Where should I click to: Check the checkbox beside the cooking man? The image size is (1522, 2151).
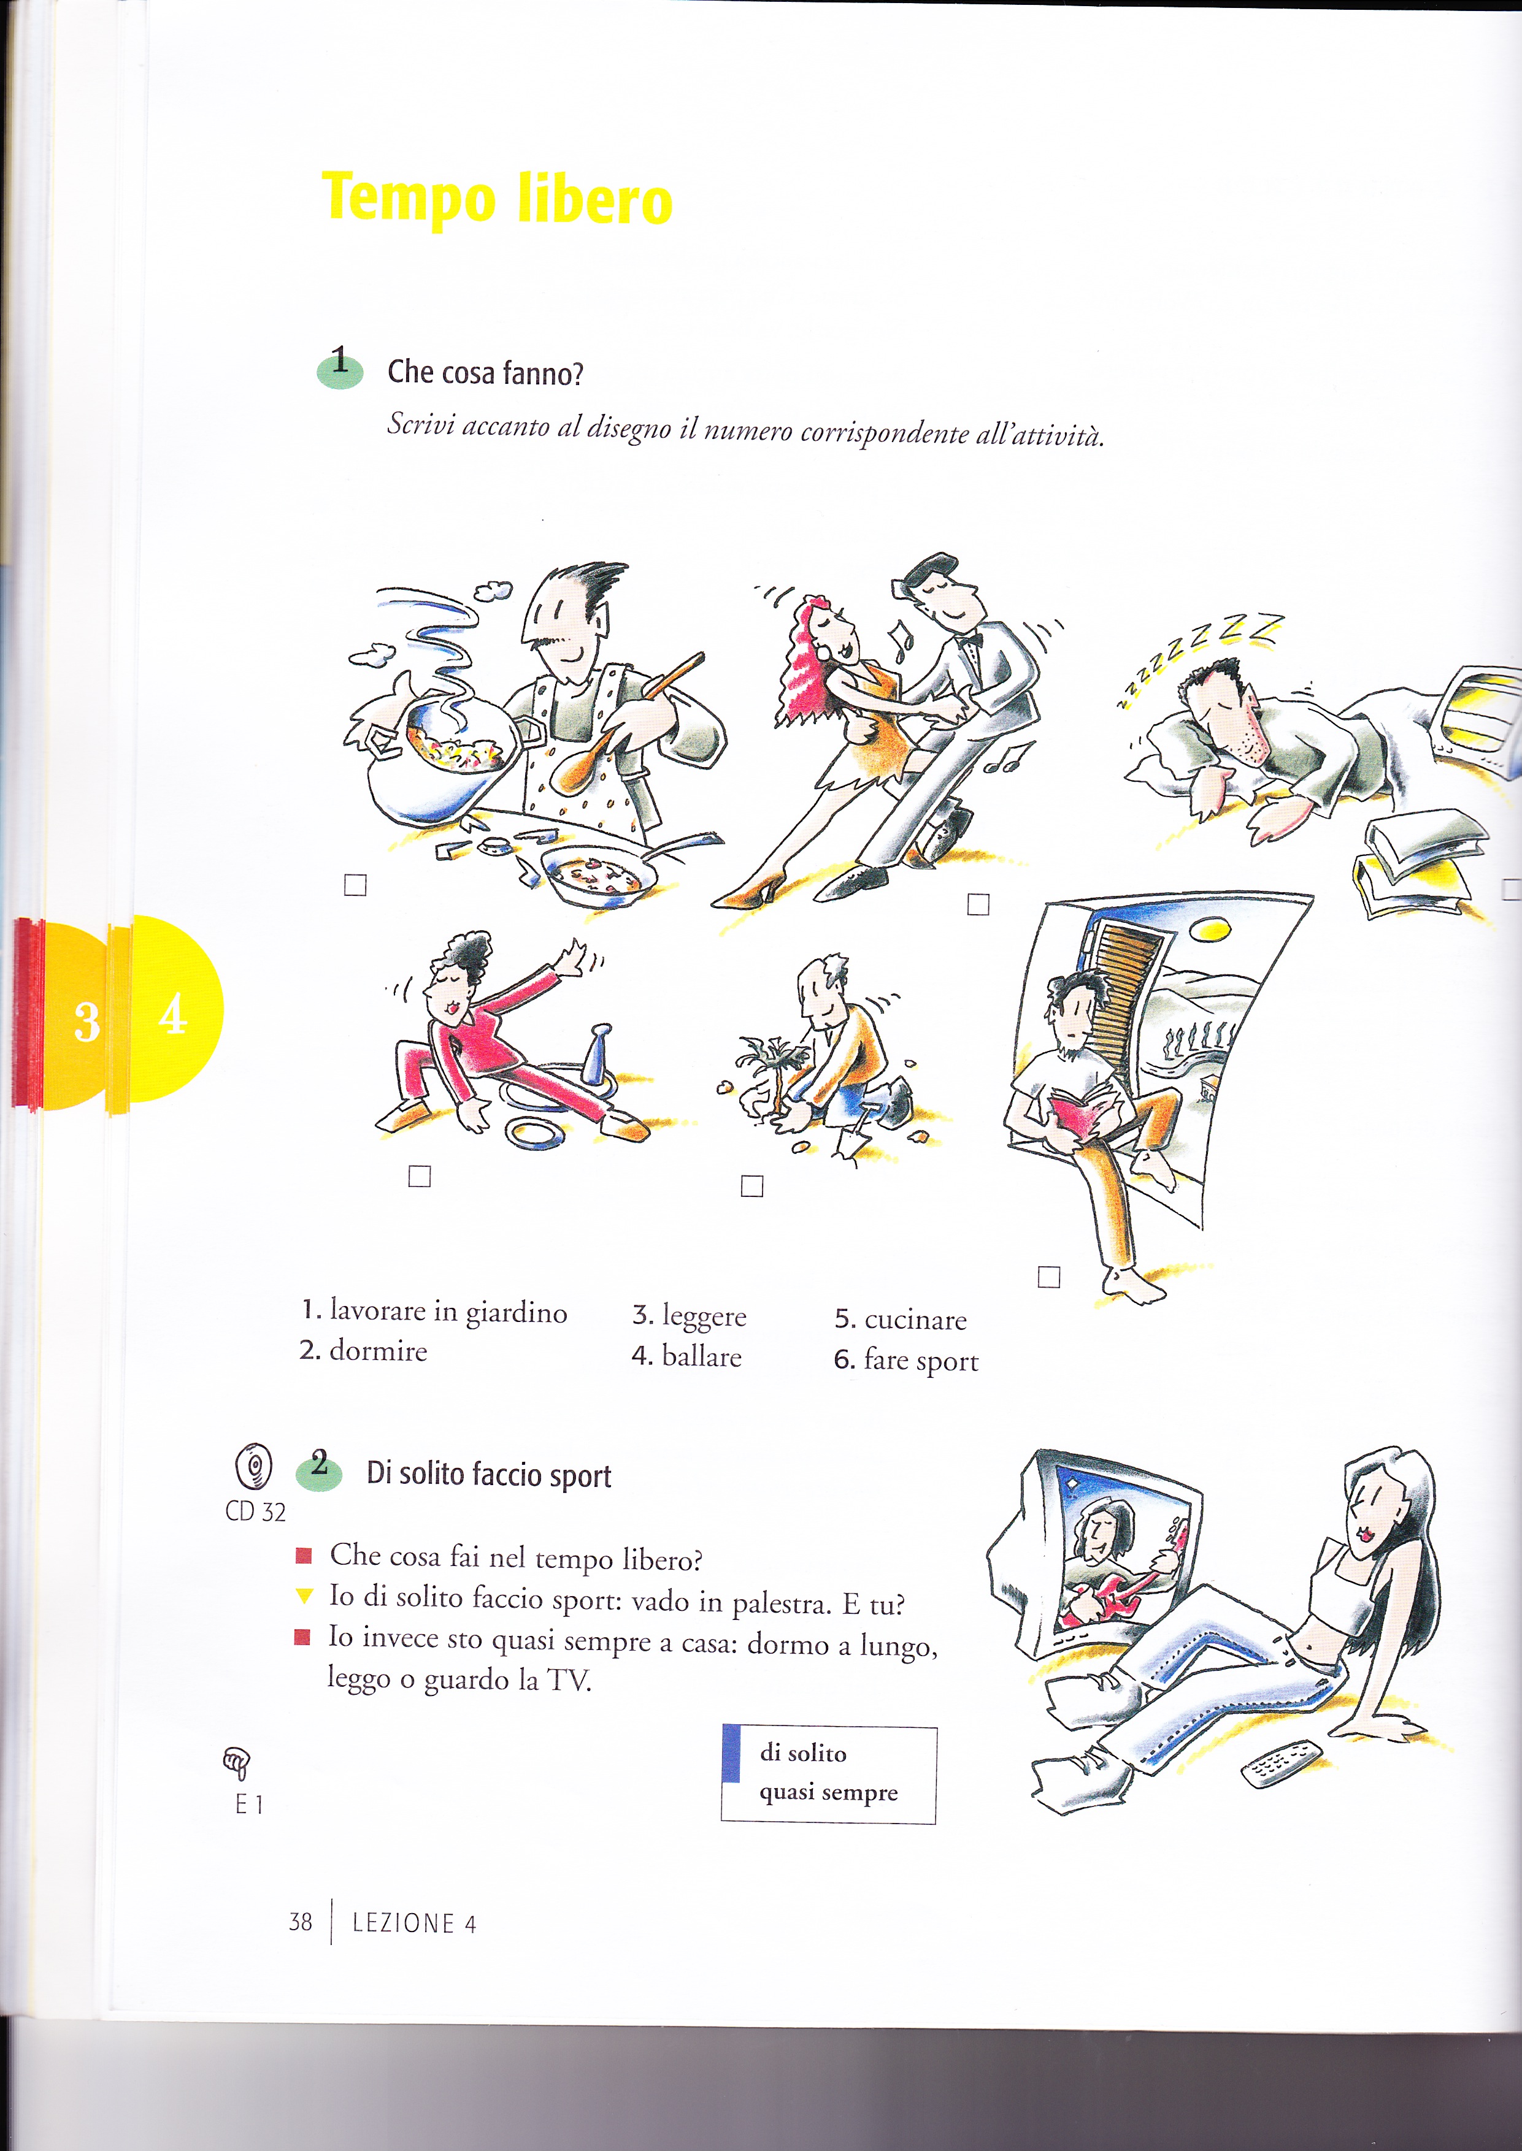coord(355,884)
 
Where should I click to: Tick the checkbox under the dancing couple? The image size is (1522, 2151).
coord(978,904)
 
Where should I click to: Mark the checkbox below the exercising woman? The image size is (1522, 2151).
coord(420,1175)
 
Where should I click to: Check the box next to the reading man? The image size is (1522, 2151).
coord(1049,1276)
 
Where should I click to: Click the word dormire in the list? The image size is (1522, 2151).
coord(379,1351)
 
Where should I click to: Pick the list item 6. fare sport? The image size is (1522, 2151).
coord(906,1360)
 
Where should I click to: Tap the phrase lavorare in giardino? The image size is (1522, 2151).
coord(448,1312)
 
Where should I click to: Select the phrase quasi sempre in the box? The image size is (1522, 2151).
coord(828,1792)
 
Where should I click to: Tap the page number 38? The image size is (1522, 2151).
coord(300,1922)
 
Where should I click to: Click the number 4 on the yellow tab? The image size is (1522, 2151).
coord(172,1014)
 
